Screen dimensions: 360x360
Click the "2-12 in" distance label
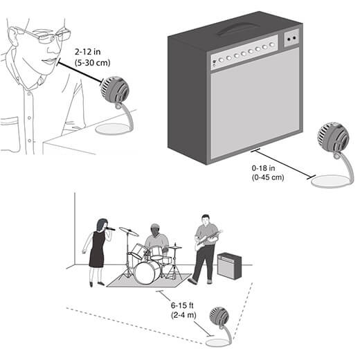(88, 52)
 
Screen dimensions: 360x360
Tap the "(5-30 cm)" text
(92, 62)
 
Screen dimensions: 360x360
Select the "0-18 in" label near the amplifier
(263, 168)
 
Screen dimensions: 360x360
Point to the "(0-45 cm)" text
(268, 177)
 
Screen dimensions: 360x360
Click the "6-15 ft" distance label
(182, 305)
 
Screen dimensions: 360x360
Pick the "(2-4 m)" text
(183, 315)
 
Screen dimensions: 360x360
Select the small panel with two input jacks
(291, 38)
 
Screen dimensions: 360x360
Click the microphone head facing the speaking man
(114, 89)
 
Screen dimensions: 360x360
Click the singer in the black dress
(97, 251)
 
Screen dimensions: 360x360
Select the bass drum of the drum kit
(147, 273)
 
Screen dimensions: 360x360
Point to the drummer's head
(156, 229)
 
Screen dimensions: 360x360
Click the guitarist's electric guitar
(208, 240)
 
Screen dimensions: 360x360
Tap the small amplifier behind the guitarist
(230, 265)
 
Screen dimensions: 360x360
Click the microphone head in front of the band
(219, 316)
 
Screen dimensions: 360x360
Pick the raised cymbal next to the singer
(129, 231)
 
